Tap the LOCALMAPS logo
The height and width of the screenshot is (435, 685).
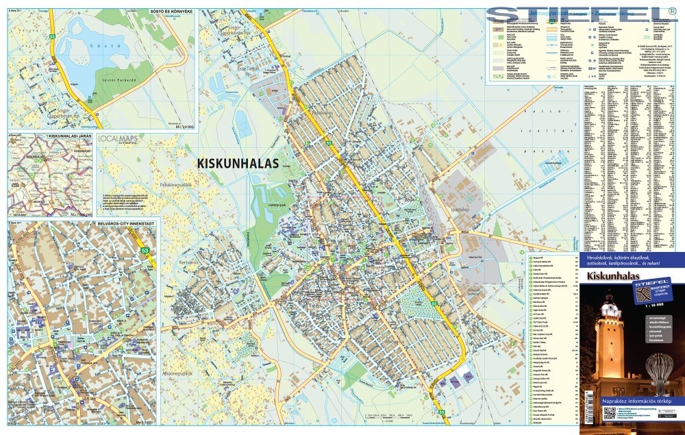pyautogui.click(x=118, y=139)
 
